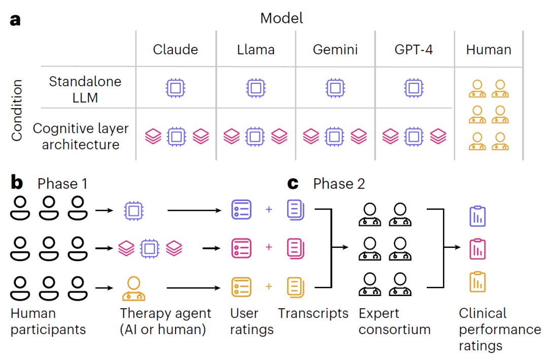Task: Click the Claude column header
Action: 176,49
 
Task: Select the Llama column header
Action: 256,49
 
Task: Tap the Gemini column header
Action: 335,49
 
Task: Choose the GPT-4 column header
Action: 414,49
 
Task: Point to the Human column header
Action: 489,49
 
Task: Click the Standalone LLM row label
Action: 85,89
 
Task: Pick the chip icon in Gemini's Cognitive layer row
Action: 335,136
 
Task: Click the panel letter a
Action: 16,20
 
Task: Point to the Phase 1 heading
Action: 62,183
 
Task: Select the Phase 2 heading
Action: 339,183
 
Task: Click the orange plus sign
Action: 269,287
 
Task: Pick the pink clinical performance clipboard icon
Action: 477,248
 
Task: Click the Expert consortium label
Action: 394,321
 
